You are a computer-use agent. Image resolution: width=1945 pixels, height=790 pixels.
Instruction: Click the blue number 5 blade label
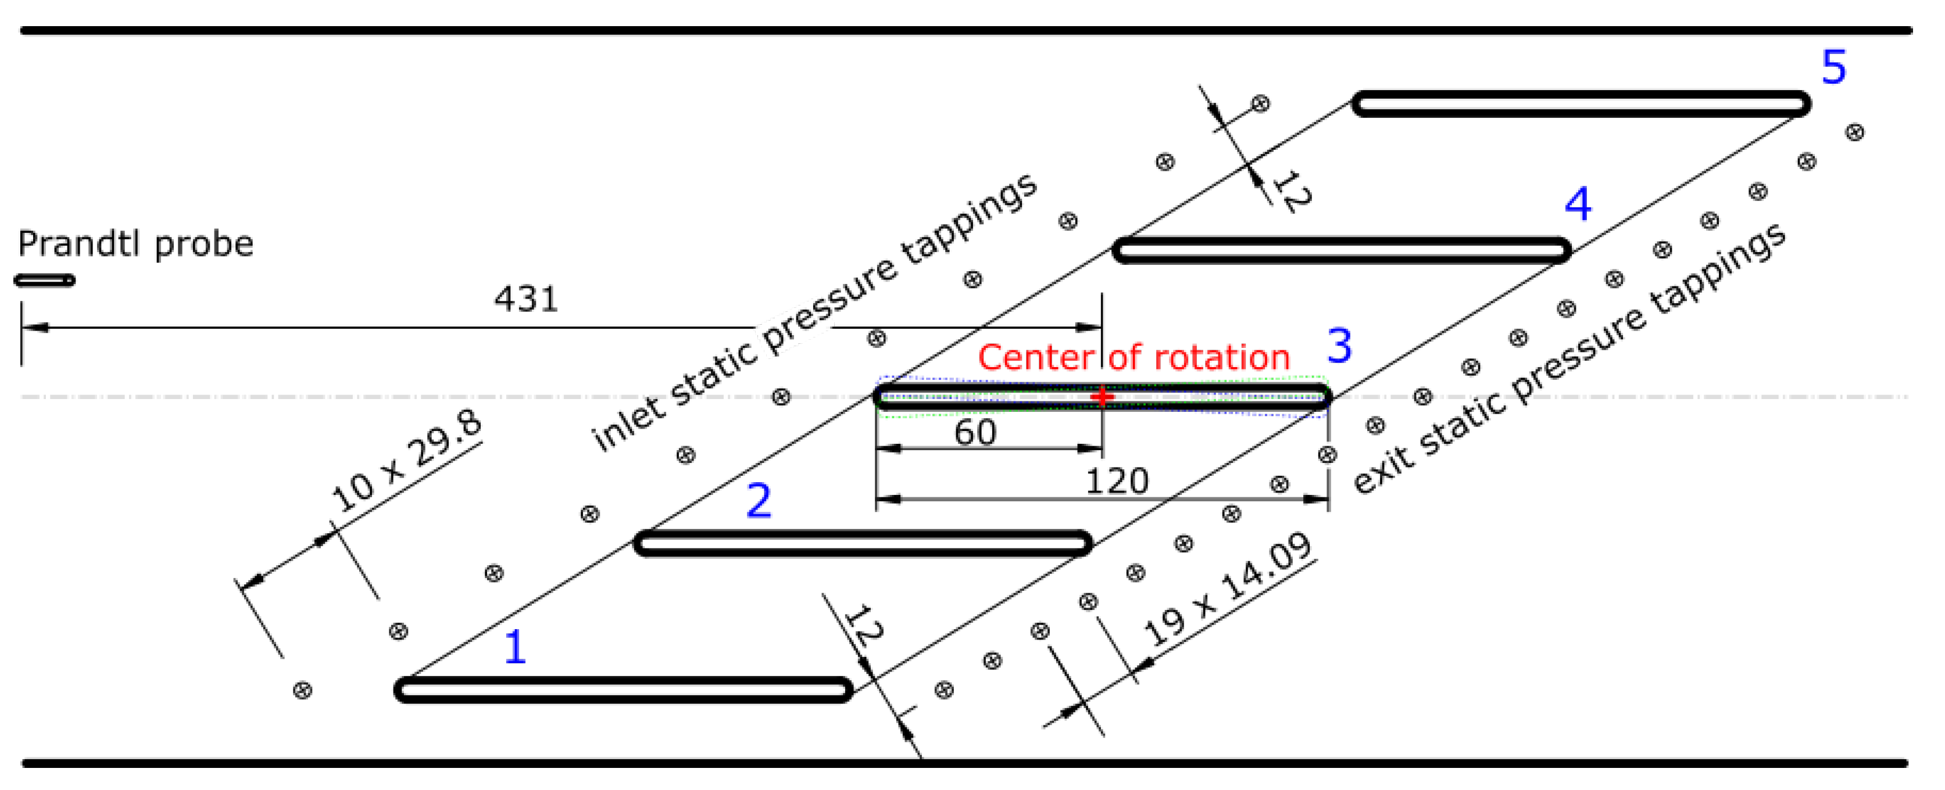point(1834,67)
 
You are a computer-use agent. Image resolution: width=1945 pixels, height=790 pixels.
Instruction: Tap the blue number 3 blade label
point(1339,346)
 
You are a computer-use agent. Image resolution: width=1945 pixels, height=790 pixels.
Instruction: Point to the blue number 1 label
point(515,647)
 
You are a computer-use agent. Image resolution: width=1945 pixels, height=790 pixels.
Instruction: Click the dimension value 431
point(526,300)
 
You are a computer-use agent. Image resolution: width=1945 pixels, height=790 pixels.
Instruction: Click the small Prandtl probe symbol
point(45,281)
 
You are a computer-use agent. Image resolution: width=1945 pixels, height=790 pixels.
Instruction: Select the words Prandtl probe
point(136,245)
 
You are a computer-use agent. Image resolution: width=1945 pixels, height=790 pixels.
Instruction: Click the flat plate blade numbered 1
point(624,690)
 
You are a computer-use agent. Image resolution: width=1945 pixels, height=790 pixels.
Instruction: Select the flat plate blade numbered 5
point(1581,103)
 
